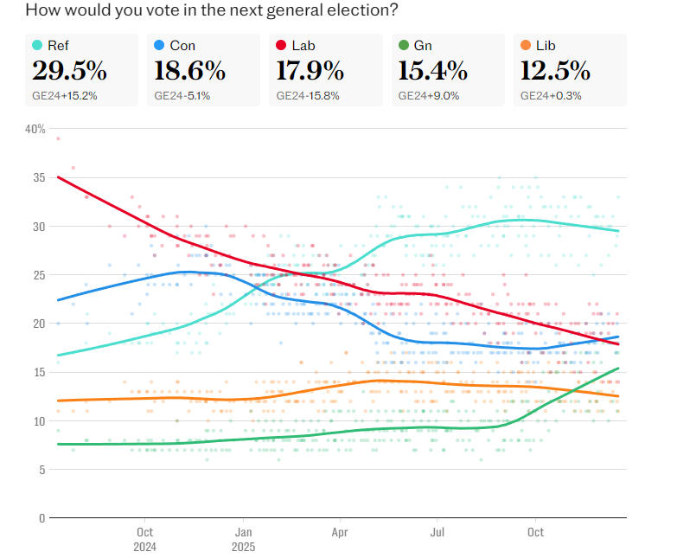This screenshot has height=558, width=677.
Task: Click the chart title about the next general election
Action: click(x=212, y=11)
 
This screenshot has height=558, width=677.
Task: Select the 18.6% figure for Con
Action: click(x=189, y=70)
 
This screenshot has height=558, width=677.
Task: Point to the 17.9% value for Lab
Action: click(x=310, y=70)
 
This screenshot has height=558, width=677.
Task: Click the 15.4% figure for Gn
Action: click(x=433, y=70)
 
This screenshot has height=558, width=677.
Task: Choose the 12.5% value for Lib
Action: click(x=555, y=70)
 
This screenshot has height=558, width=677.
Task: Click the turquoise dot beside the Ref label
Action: click(x=37, y=45)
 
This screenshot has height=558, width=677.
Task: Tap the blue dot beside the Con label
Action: click(x=159, y=45)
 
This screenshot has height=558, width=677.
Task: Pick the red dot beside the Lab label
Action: click(x=282, y=45)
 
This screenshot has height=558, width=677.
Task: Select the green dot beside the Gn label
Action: click(x=404, y=45)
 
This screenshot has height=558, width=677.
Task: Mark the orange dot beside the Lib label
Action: click(x=526, y=45)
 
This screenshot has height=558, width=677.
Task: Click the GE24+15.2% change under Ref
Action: click(x=65, y=95)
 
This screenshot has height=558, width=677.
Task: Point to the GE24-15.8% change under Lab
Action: click(x=309, y=95)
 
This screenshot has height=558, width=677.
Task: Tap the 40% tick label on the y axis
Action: click(x=35, y=129)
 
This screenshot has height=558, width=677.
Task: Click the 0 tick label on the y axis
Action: click(x=41, y=518)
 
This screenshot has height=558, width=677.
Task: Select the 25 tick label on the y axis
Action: click(x=38, y=275)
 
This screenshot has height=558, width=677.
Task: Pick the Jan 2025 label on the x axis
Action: click(x=244, y=539)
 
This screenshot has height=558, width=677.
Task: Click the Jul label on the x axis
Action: click(x=438, y=532)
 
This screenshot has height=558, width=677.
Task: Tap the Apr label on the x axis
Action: click(x=340, y=532)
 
